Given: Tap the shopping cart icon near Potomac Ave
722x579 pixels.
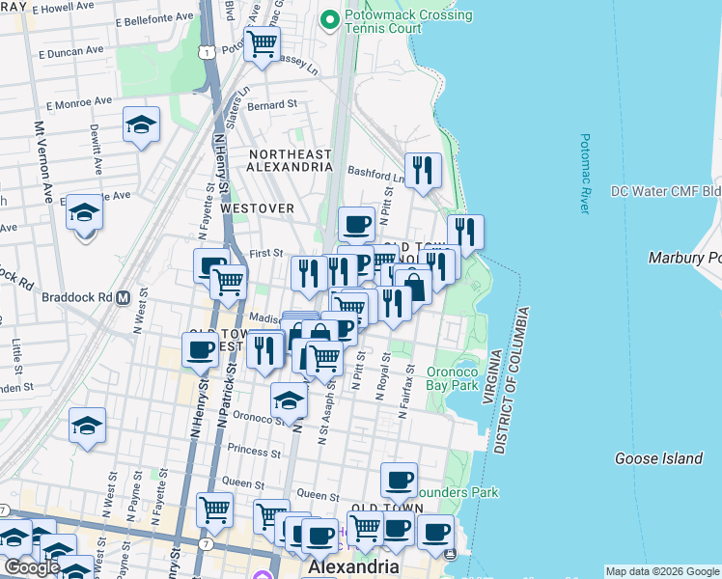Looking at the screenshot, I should point(262,44).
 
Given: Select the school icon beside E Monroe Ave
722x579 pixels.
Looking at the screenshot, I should point(141,124).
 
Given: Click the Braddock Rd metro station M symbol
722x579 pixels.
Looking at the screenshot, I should point(123,297).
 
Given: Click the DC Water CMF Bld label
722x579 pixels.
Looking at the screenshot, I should point(666,191).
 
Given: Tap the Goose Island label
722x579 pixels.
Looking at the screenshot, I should point(658,458).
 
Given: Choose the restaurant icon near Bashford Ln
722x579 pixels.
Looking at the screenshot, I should point(422,172).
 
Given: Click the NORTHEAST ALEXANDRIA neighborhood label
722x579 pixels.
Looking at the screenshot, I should point(291,160).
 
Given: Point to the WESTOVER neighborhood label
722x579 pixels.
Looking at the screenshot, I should point(255,207).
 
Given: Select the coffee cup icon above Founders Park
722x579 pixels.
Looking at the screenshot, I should point(398,480).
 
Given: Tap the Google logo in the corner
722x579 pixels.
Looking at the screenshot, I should point(31,567).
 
